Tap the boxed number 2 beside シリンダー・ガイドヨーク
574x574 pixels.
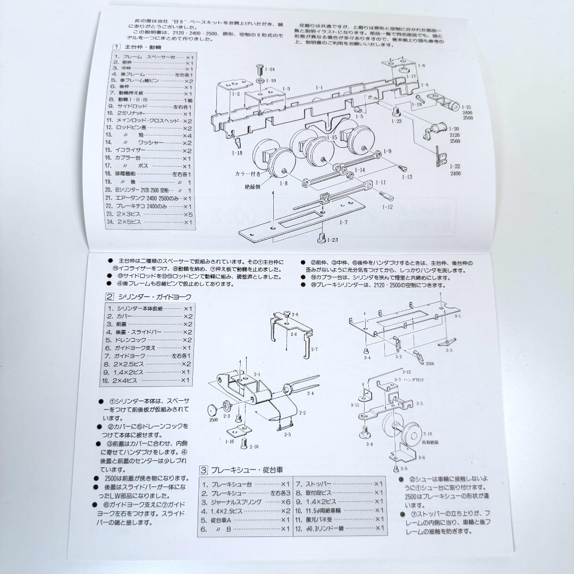(x=109, y=298)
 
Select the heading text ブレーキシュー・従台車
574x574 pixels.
(x=246, y=470)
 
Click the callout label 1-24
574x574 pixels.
(x=270, y=70)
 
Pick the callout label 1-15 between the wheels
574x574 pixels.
(x=332, y=138)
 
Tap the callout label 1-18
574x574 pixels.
(x=237, y=153)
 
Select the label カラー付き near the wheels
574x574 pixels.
(x=247, y=173)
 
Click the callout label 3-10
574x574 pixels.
(x=428, y=434)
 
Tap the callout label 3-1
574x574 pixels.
(x=457, y=316)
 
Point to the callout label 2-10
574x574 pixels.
(x=254, y=446)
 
